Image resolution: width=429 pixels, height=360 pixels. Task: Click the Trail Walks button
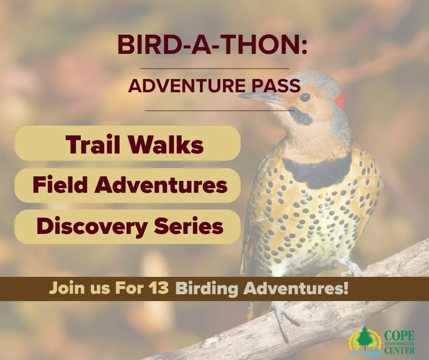[128, 144]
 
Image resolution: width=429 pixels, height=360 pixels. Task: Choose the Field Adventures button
[128, 185]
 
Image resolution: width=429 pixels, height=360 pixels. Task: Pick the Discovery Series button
[128, 226]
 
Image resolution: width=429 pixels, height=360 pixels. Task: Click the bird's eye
[305, 97]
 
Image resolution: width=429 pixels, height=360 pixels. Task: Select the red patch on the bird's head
[339, 101]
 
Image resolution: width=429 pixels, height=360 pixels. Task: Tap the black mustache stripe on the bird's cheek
[301, 117]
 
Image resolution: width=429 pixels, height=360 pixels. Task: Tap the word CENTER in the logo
[399, 351]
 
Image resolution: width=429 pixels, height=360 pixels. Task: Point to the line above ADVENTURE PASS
[214, 69]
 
